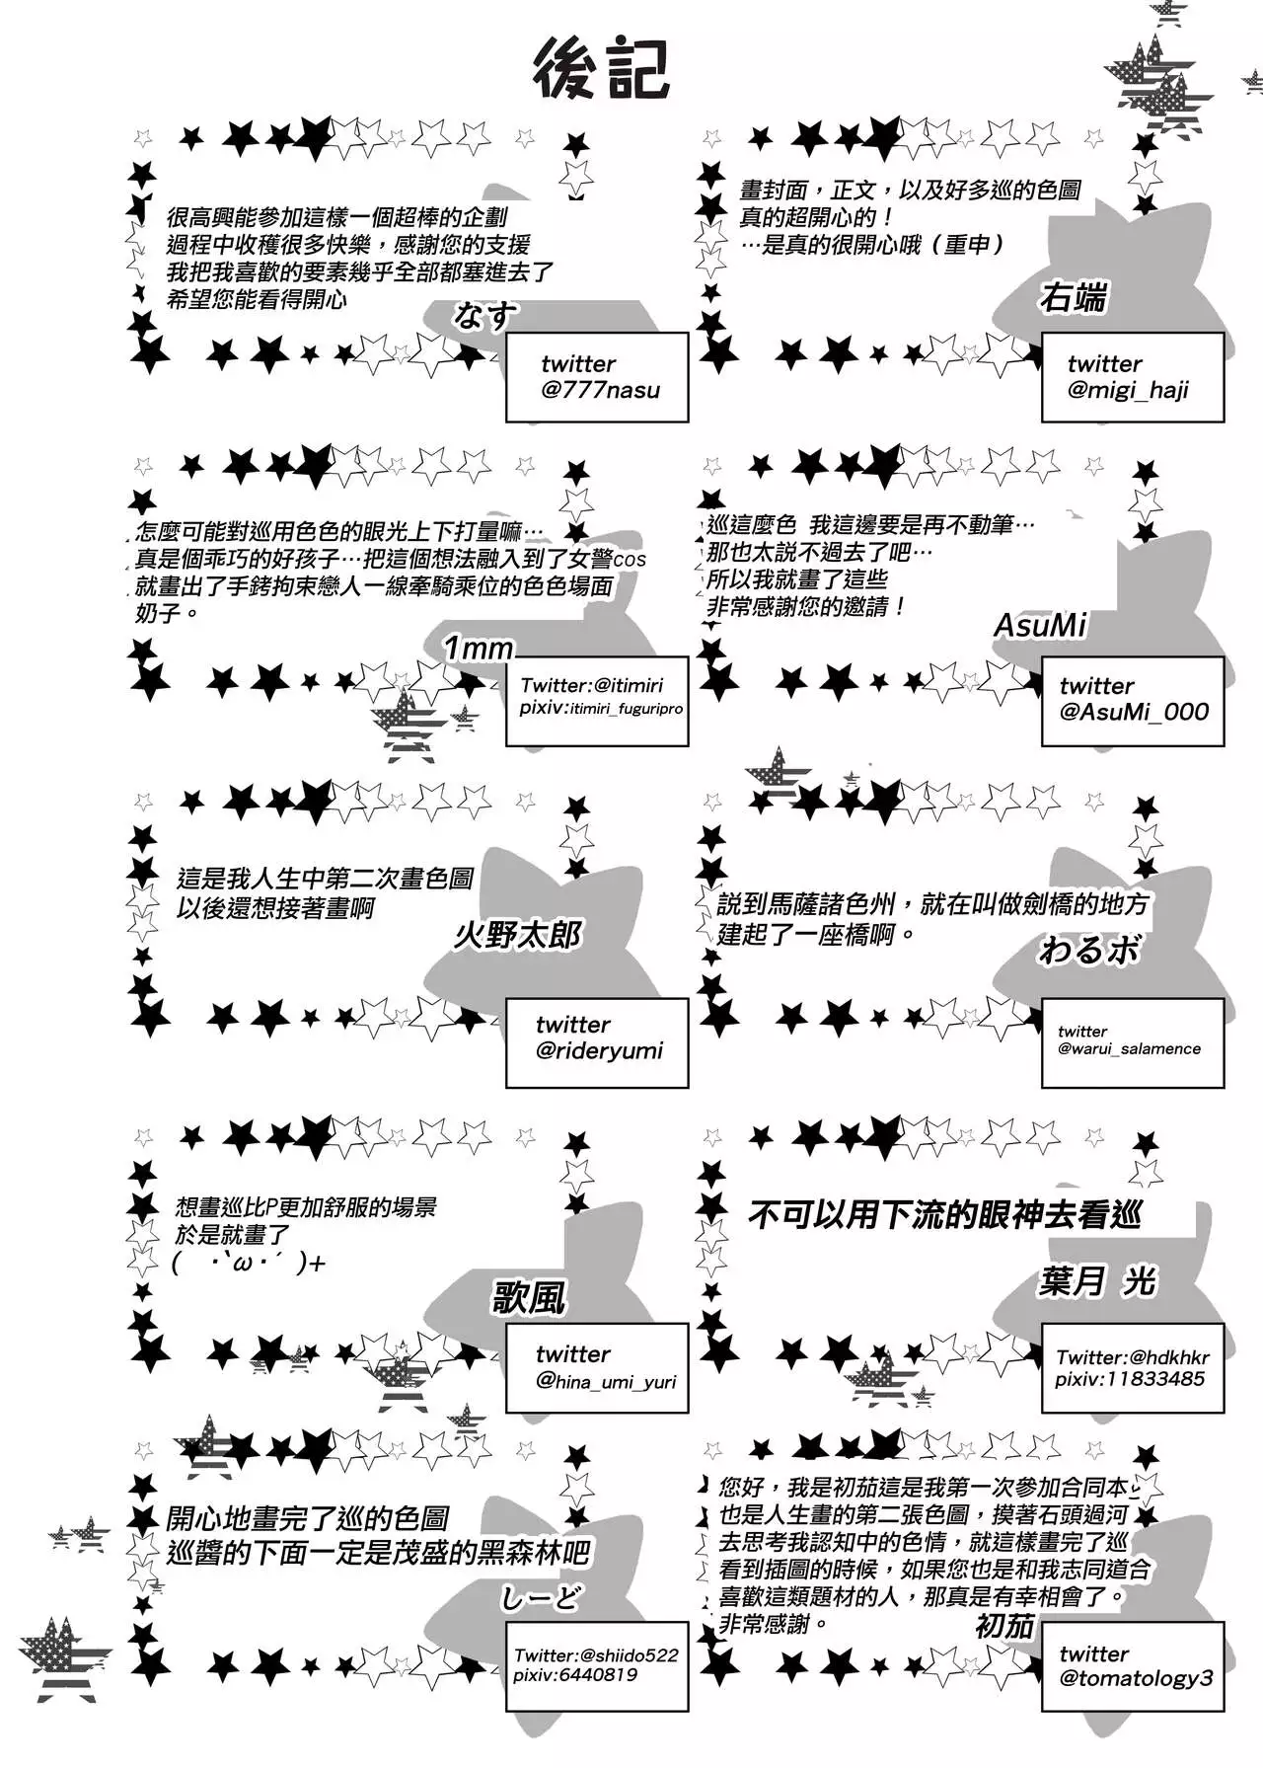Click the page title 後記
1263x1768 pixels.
pos(602,69)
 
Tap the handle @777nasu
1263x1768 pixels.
pos(600,390)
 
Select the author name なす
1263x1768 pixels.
pos(485,316)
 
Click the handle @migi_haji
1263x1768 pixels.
pos(1128,391)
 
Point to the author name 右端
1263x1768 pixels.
pos(1073,297)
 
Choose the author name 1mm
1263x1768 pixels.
pos(479,648)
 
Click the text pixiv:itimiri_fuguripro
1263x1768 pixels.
pos(601,708)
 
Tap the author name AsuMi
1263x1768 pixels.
pos(1040,625)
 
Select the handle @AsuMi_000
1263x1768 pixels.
pos(1134,712)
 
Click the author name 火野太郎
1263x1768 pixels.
pos(518,934)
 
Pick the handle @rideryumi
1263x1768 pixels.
pos(599,1050)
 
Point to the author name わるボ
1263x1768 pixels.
pos(1088,951)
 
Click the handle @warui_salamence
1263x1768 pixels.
pos(1129,1048)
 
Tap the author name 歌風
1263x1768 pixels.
pos(529,1297)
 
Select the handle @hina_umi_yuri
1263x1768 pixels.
pos(606,1381)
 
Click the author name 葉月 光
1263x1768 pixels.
pos(1097,1281)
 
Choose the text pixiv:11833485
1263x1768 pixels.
pos(1129,1379)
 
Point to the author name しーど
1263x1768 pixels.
pos(541,1597)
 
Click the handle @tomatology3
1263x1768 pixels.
pos(1136,1678)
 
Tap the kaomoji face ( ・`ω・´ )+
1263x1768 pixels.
pos(248,1263)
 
